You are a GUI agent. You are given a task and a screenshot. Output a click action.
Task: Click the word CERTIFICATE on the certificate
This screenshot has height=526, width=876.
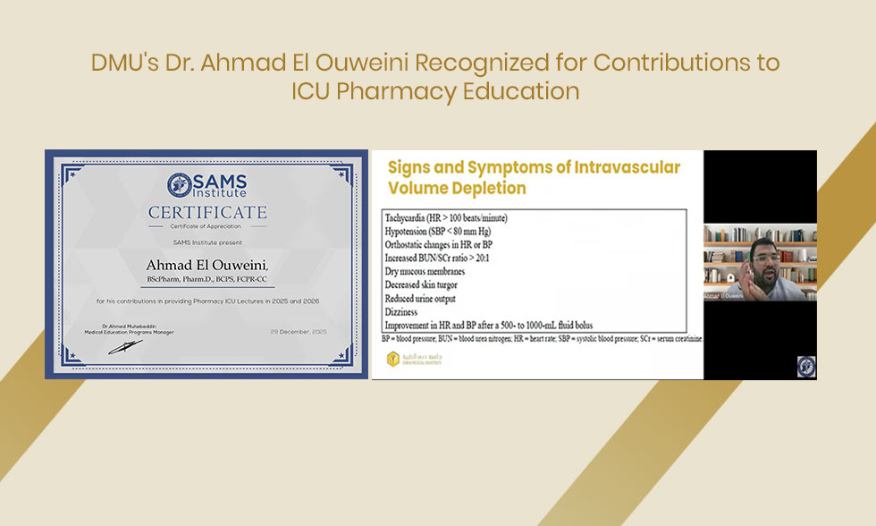click(x=207, y=212)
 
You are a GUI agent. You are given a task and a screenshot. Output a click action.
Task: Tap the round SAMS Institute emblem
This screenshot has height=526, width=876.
click(x=179, y=185)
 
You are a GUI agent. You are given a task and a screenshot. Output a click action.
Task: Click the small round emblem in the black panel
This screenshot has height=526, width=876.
click(x=806, y=366)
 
